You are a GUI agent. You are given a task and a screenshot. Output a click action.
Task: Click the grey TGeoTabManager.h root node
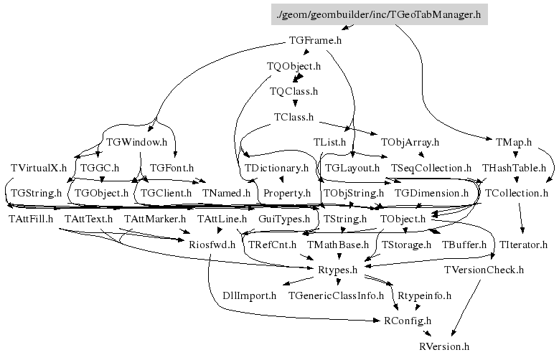tap(379, 15)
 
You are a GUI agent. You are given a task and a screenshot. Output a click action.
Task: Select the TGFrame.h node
tap(314, 40)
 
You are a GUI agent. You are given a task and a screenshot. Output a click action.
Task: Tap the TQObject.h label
tap(293, 66)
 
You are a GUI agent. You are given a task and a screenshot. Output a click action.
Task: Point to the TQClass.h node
tap(293, 91)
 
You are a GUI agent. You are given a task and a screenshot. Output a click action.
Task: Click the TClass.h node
tap(293, 116)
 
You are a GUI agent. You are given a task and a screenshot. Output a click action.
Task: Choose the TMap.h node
tap(513, 142)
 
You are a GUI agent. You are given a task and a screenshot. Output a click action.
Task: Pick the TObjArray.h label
tap(410, 142)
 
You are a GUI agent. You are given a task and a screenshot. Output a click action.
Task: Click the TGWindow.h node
tap(136, 142)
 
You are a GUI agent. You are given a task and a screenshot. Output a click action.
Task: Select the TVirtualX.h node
tap(39, 168)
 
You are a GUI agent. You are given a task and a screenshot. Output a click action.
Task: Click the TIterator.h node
tap(523, 245)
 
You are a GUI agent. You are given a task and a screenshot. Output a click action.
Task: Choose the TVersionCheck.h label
tap(484, 270)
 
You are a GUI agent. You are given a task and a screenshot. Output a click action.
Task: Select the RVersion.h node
tap(444, 346)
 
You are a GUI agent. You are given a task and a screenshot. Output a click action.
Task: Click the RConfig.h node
tap(408, 320)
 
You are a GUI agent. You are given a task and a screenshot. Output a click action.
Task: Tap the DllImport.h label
tap(249, 295)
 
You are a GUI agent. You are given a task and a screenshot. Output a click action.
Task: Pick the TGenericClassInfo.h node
tap(336, 295)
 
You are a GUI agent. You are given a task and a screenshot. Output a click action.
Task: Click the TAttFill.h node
tap(31, 218)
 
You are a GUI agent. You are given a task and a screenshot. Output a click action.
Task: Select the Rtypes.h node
tap(337, 270)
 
